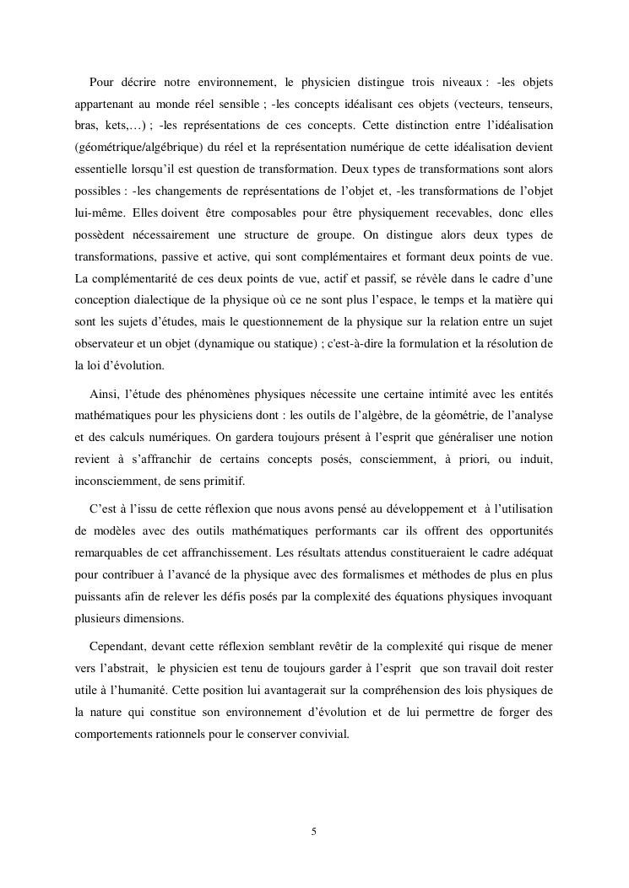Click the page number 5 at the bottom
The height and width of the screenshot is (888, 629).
[314, 831]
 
